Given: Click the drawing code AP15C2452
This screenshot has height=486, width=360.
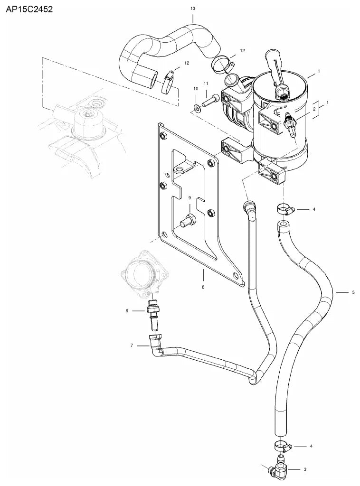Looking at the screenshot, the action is click(29, 9).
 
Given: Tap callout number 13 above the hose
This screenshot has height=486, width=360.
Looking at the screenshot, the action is click(193, 9).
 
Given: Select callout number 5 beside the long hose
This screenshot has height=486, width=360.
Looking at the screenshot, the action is click(353, 292).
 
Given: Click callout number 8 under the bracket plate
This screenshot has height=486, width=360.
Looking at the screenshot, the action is click(203, 287).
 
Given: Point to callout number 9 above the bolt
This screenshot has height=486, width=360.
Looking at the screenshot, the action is click(189, 197).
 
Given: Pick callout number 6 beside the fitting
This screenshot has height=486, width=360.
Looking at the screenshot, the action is click(126, 310).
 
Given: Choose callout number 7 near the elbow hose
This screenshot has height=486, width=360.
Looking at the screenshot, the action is click(132, 346).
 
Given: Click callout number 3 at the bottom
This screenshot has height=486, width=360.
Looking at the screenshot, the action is click(305, 469).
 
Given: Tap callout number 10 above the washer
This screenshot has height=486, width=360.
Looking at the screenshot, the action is click(196, 89).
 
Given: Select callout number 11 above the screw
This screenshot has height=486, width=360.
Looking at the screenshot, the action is click(206, 84).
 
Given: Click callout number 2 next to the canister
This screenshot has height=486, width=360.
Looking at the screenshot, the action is click(314, 109).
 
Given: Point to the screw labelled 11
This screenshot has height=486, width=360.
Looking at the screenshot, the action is click(210, 101).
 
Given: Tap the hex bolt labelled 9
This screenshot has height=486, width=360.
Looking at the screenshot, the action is click(188, 220).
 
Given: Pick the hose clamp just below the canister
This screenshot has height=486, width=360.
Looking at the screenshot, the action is click(285, 209).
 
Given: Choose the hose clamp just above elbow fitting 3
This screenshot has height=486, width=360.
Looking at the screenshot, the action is click(282, 446).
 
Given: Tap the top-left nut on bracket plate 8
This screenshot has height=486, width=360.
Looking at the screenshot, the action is click(162, 136).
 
